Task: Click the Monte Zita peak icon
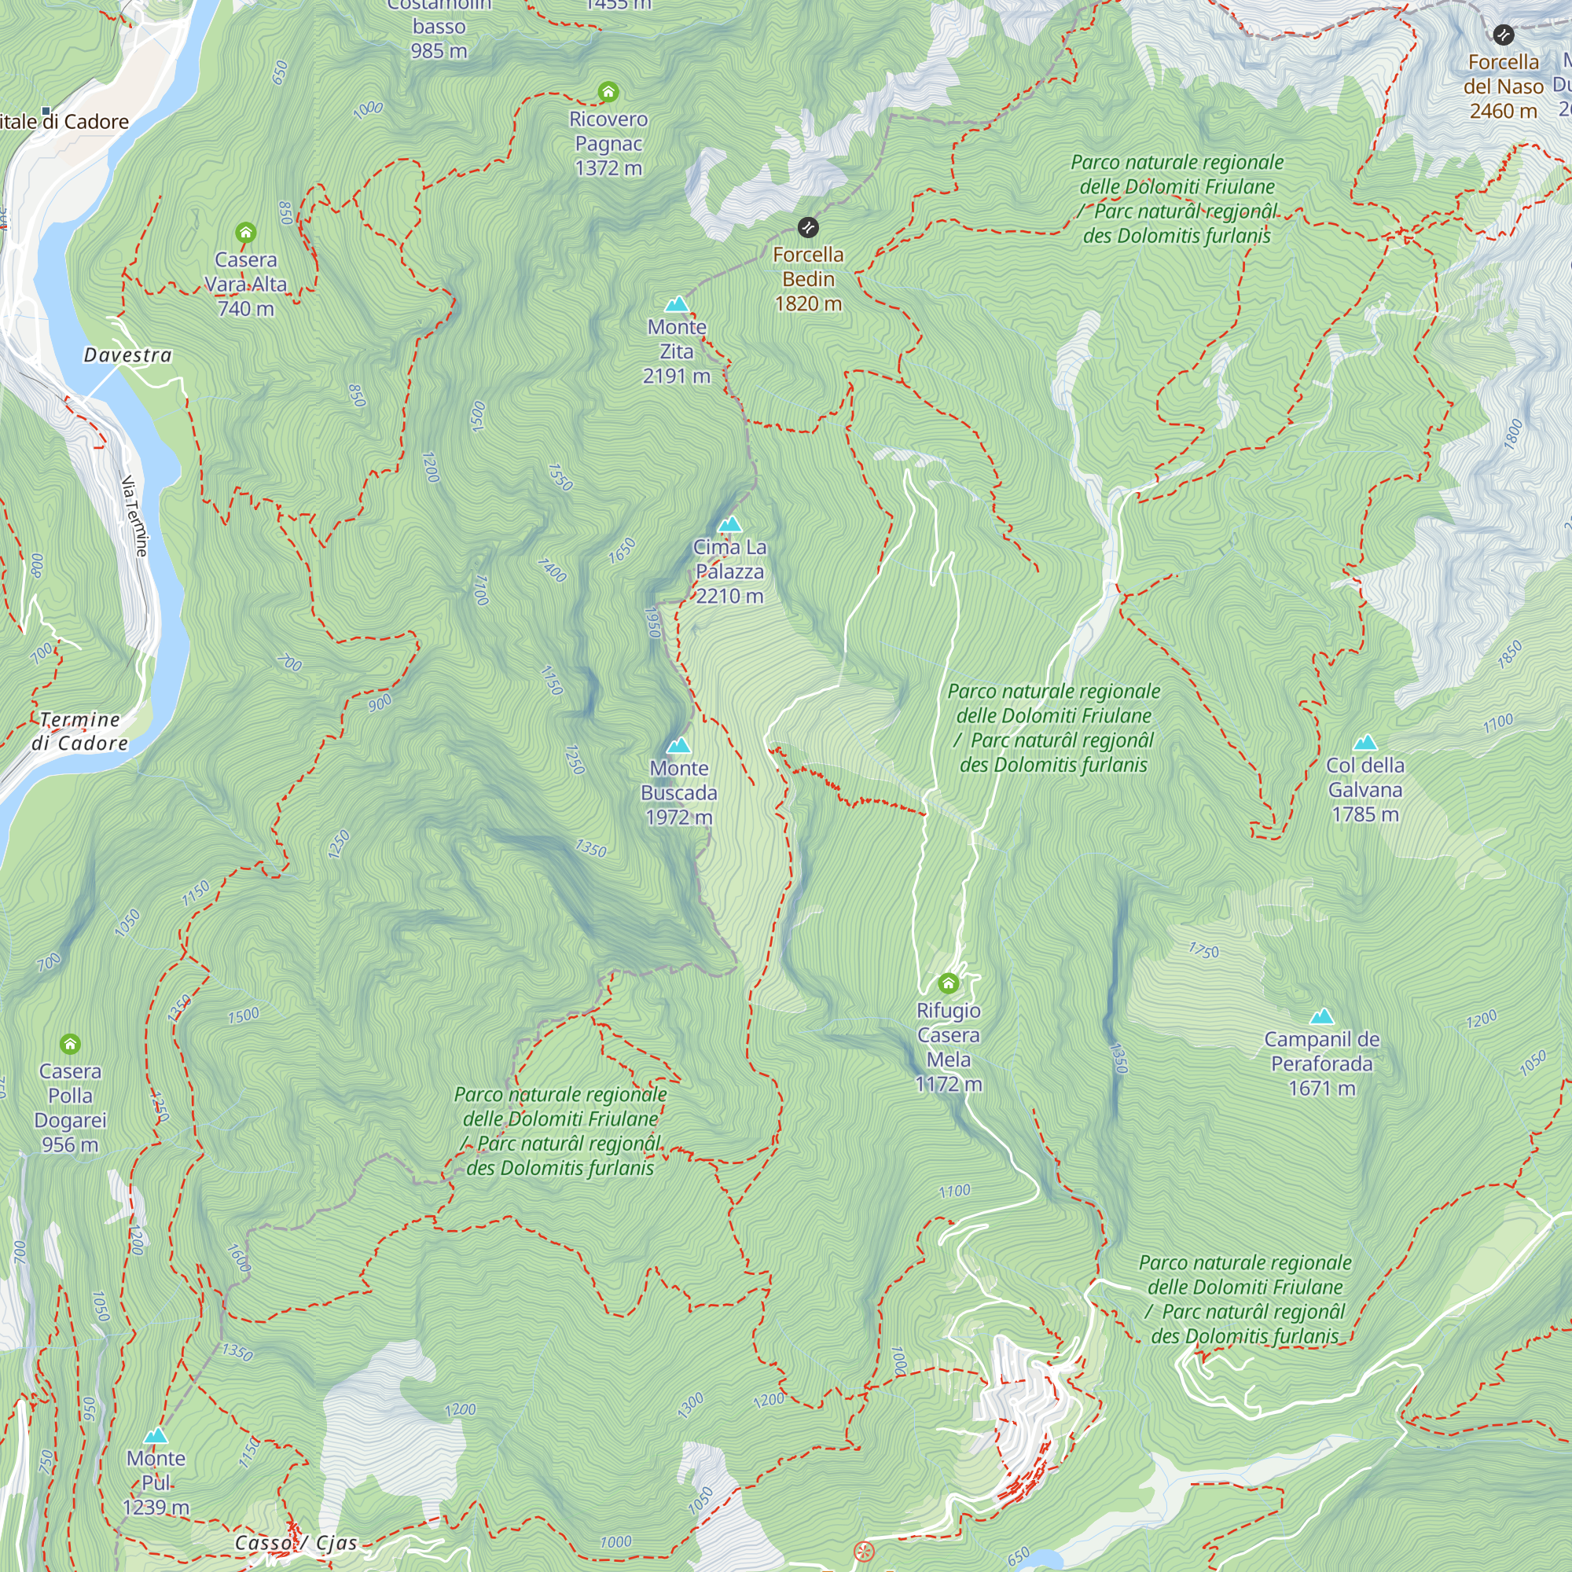click(676, 305)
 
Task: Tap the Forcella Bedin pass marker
click(807, 227)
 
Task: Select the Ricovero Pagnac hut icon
click(608, 92)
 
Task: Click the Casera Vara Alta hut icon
click(246, 233)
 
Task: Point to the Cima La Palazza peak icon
click(730, 524)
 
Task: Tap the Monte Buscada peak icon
click(678, 745)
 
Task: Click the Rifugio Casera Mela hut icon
click(948, 984)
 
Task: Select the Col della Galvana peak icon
click(1364, 742)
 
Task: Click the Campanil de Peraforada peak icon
click(1322, 1016)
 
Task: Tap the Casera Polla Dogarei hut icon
click(70, 1044)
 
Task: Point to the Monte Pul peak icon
click(156, 1435)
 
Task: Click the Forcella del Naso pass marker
click(1503, 35)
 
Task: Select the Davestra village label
click(128, 354)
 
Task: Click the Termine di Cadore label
click(79, 731)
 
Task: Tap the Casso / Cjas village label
click(296, 1543)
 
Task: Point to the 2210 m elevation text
click(730, 597)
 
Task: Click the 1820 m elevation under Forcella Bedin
click(808, 303)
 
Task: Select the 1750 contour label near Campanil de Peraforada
click(1203, 950)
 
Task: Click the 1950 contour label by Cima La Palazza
click(652, 623)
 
